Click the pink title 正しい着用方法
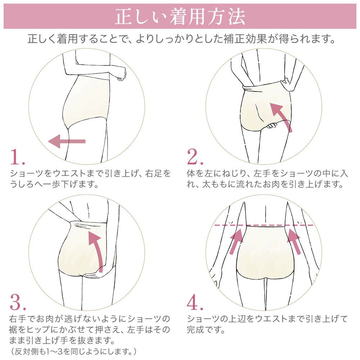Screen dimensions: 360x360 coord(180,17)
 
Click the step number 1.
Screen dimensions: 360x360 coord(17,157)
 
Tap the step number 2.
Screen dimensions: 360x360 coord(195,157)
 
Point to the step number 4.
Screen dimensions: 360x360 coord(195,303)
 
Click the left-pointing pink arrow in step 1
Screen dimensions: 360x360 coord(67,141)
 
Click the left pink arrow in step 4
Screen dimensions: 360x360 coord(236,243)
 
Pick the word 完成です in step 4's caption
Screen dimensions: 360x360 coord(206,329)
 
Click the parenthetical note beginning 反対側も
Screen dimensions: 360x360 coord(74,350)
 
